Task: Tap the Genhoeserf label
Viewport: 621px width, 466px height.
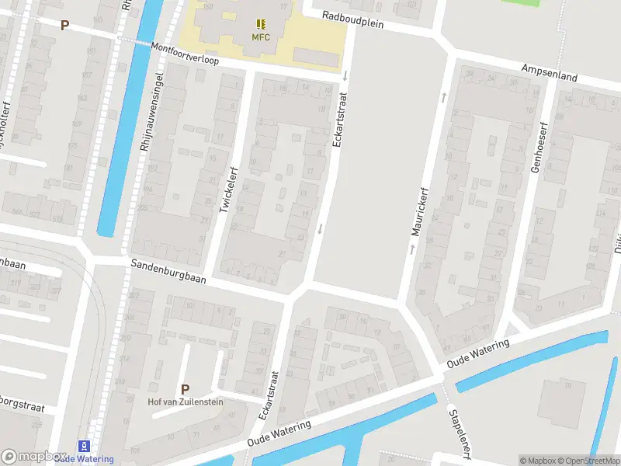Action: tap(535, 147)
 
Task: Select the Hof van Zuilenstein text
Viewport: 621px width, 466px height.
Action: tap(186, 402)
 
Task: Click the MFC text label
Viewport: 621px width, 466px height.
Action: tap(260, 37)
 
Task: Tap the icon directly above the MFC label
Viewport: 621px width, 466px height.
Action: tap(260, 24)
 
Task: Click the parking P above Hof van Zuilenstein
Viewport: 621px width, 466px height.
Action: tap(185, 389)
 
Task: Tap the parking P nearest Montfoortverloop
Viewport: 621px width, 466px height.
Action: tap(65, 25)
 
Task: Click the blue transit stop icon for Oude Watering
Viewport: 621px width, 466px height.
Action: tap(84, 447)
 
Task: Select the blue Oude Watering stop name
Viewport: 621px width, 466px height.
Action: tap(84, 459)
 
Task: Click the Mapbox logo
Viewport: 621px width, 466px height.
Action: tap(33, 457)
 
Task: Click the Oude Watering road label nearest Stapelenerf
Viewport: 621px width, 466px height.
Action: tap(477, 353)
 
